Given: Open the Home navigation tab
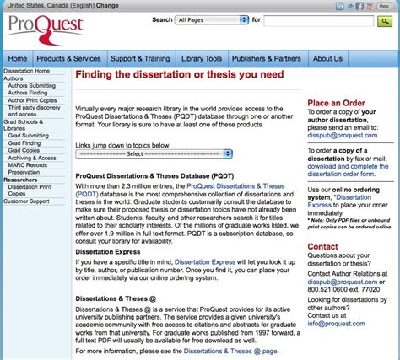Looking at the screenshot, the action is tap(17, 58).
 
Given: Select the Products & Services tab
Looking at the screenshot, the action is tap(69, 58).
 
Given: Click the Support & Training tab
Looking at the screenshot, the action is tap(139, 58).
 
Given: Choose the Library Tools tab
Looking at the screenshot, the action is tap(202, 58).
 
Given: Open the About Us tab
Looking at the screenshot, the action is tap(327, 58).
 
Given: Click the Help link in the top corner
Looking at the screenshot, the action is tap(385, 4).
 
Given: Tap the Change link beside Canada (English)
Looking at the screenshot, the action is tap(108, 4).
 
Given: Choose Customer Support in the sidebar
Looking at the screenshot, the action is tap(27, 201).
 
